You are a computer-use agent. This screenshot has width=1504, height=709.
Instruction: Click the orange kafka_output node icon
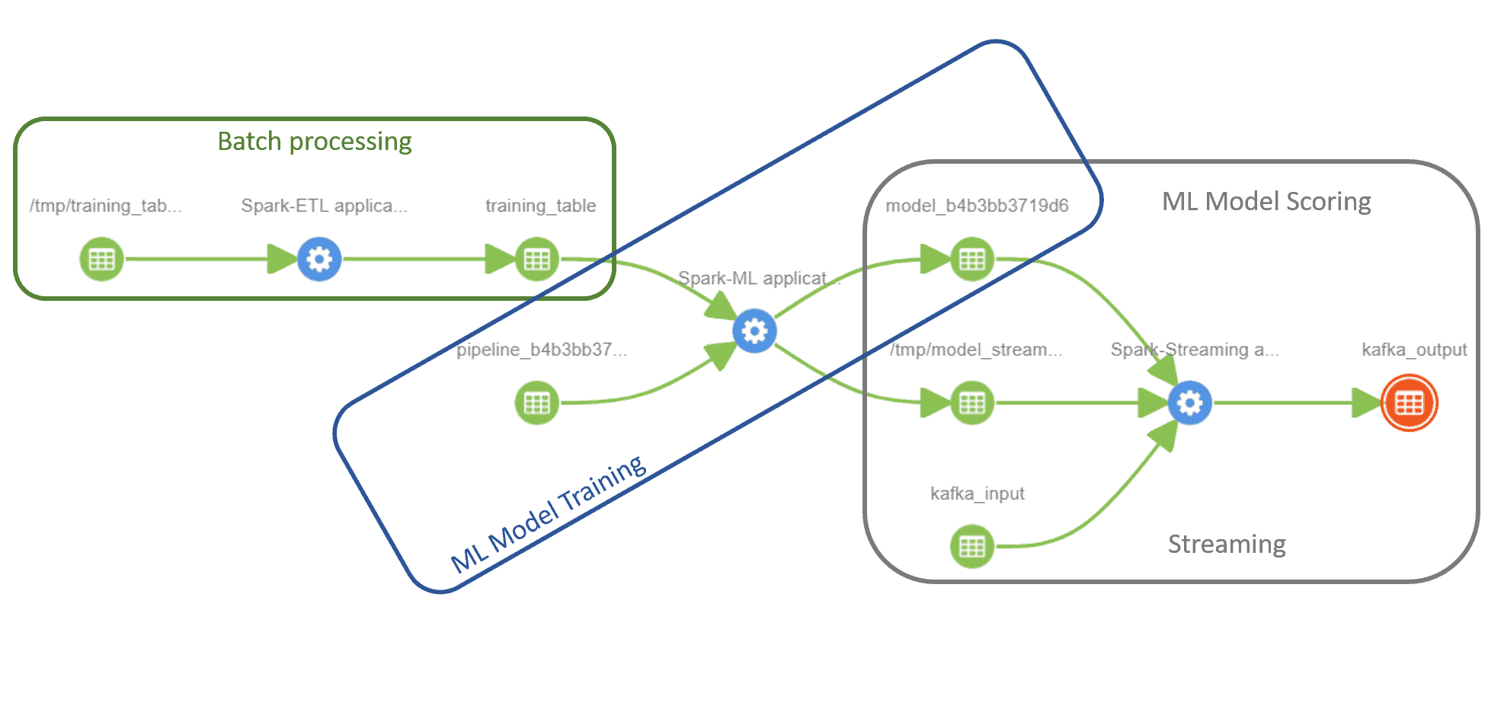point(1409,403)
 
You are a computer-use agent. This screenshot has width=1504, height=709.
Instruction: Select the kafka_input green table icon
point(972,546)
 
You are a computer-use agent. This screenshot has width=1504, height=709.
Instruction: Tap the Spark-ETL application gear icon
point(319,259)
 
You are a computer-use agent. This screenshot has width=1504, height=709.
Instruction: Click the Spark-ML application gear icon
point(754,331)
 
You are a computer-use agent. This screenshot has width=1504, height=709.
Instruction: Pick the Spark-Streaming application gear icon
point(1189,403)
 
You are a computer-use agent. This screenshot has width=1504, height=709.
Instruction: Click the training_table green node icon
point(537,259)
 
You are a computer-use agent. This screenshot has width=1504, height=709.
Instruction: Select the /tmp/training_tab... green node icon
point(101,259)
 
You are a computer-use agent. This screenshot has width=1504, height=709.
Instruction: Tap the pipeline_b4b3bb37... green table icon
point(537,403)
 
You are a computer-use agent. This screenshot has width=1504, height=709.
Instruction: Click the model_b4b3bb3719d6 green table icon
point(972,259)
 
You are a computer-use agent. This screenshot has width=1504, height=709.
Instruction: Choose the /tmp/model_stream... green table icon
point(972,403)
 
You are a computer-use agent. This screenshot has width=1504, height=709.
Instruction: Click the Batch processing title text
point(314,142)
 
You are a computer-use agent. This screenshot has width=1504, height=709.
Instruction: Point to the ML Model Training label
point(549,514)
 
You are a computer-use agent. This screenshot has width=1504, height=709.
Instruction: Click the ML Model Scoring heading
point(1266,202)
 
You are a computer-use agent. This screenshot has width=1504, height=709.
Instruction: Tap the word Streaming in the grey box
point(1226,545)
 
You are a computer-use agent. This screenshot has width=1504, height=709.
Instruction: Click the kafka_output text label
point(1413,350)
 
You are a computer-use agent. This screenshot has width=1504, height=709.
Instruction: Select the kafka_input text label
point(977,493)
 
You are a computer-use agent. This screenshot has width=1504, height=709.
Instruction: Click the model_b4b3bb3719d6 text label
point(977,206)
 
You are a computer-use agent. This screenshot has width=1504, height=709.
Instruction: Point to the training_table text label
point(540,206)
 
